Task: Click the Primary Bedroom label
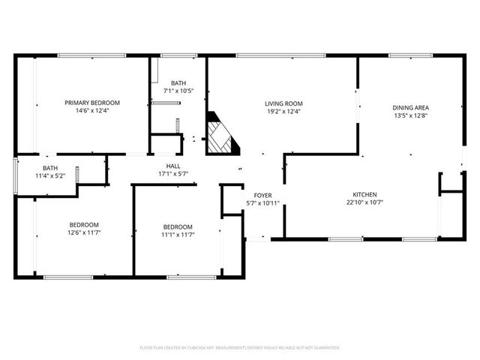coord(92,103)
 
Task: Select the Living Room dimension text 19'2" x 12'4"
coord(283,112)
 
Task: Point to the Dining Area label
coord(410,108)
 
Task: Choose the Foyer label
coord(262,195)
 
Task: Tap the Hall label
coord(172,166)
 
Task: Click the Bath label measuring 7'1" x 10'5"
coord(178,83)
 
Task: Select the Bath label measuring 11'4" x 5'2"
coord(50,168)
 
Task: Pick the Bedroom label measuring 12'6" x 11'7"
coord(85,224)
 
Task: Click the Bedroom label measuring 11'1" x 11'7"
coord(178,226)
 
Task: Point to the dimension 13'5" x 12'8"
coord(410,116)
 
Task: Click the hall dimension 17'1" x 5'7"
coord(172,174)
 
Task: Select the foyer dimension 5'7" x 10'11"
coord(262,203)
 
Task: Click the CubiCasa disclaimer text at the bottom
coord(240,347)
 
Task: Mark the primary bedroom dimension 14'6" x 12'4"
coord(92,111)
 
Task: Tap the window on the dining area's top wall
coord(409,55)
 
